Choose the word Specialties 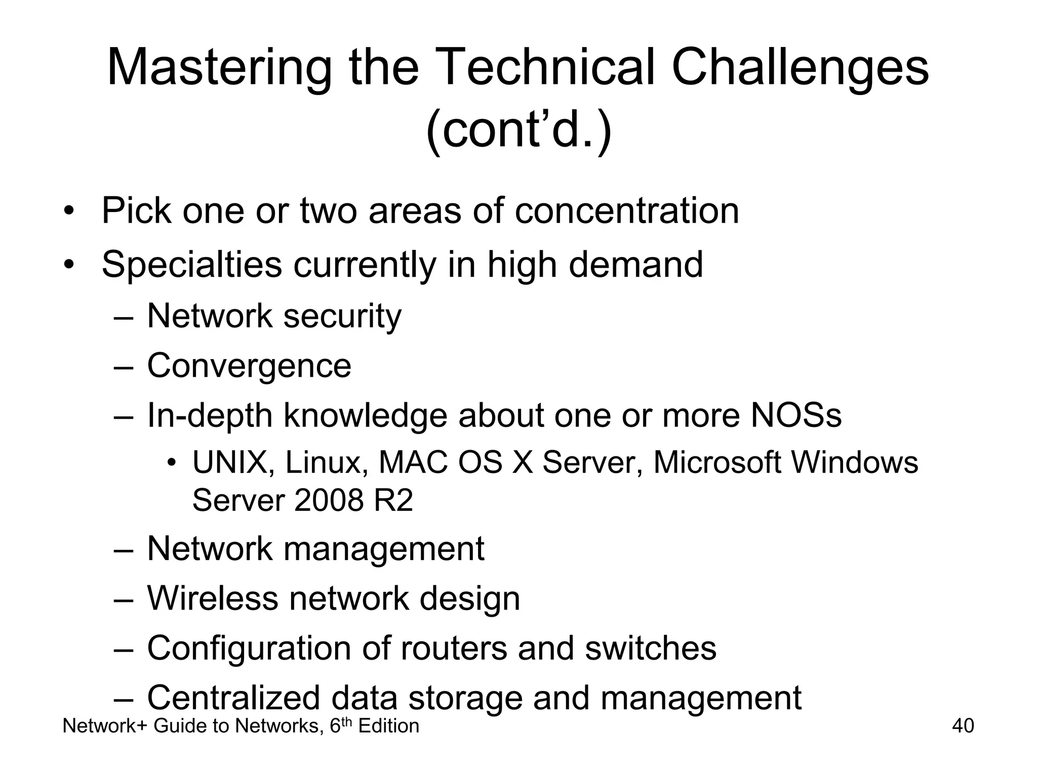(x=191, y=265)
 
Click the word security (x=342, y=317)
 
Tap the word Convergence (x=249, y=366)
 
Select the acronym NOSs (x=796, y=415)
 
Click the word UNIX (x=229, y=462)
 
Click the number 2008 (x=329, y=500)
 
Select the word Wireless (x=212, y=598)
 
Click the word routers (x=454, y=648)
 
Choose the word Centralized (x=233, y=698)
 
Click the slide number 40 (x=963, y=726)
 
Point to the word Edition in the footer (x=388, y=726)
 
